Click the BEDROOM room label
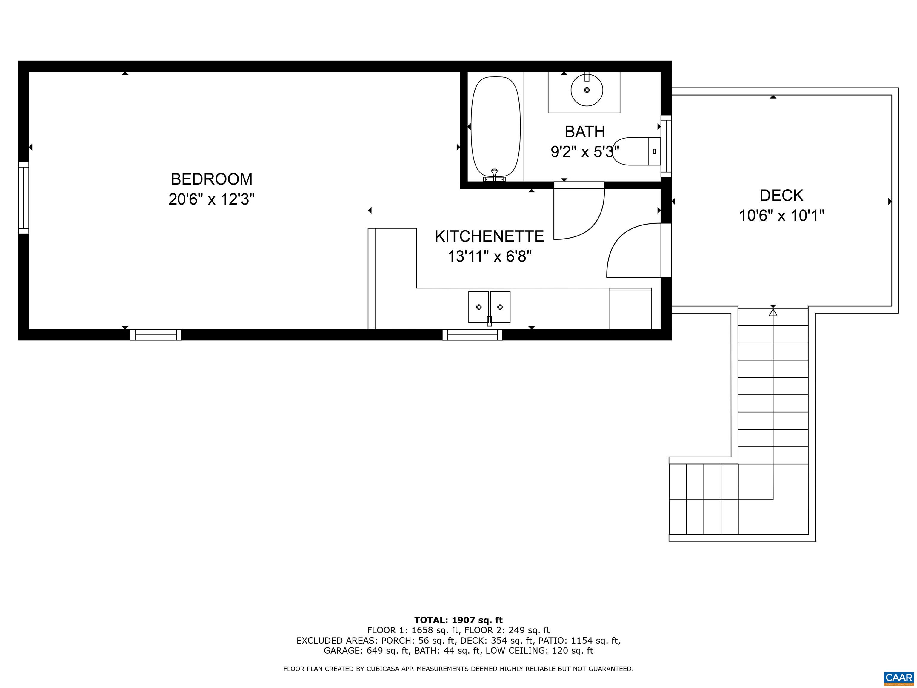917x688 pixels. (211, 179)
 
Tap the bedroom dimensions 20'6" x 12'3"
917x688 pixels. (211, 199)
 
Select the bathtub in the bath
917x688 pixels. (496, 127)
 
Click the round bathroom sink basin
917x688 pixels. (587, 90)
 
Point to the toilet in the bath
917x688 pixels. (636, 151)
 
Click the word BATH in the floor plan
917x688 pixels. (584, 132)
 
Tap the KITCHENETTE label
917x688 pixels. (489, 236)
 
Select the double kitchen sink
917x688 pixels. (489, 307)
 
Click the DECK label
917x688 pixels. (781, 195)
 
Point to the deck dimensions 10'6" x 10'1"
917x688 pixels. (781, 216)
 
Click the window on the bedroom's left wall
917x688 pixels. (24, 198)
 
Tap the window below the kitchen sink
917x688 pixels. (472, 335)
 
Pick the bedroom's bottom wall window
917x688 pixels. (156, 335)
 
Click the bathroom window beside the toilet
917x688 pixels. (666, 146)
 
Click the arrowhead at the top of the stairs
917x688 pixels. (773, 312)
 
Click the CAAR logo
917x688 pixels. (899, 678)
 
